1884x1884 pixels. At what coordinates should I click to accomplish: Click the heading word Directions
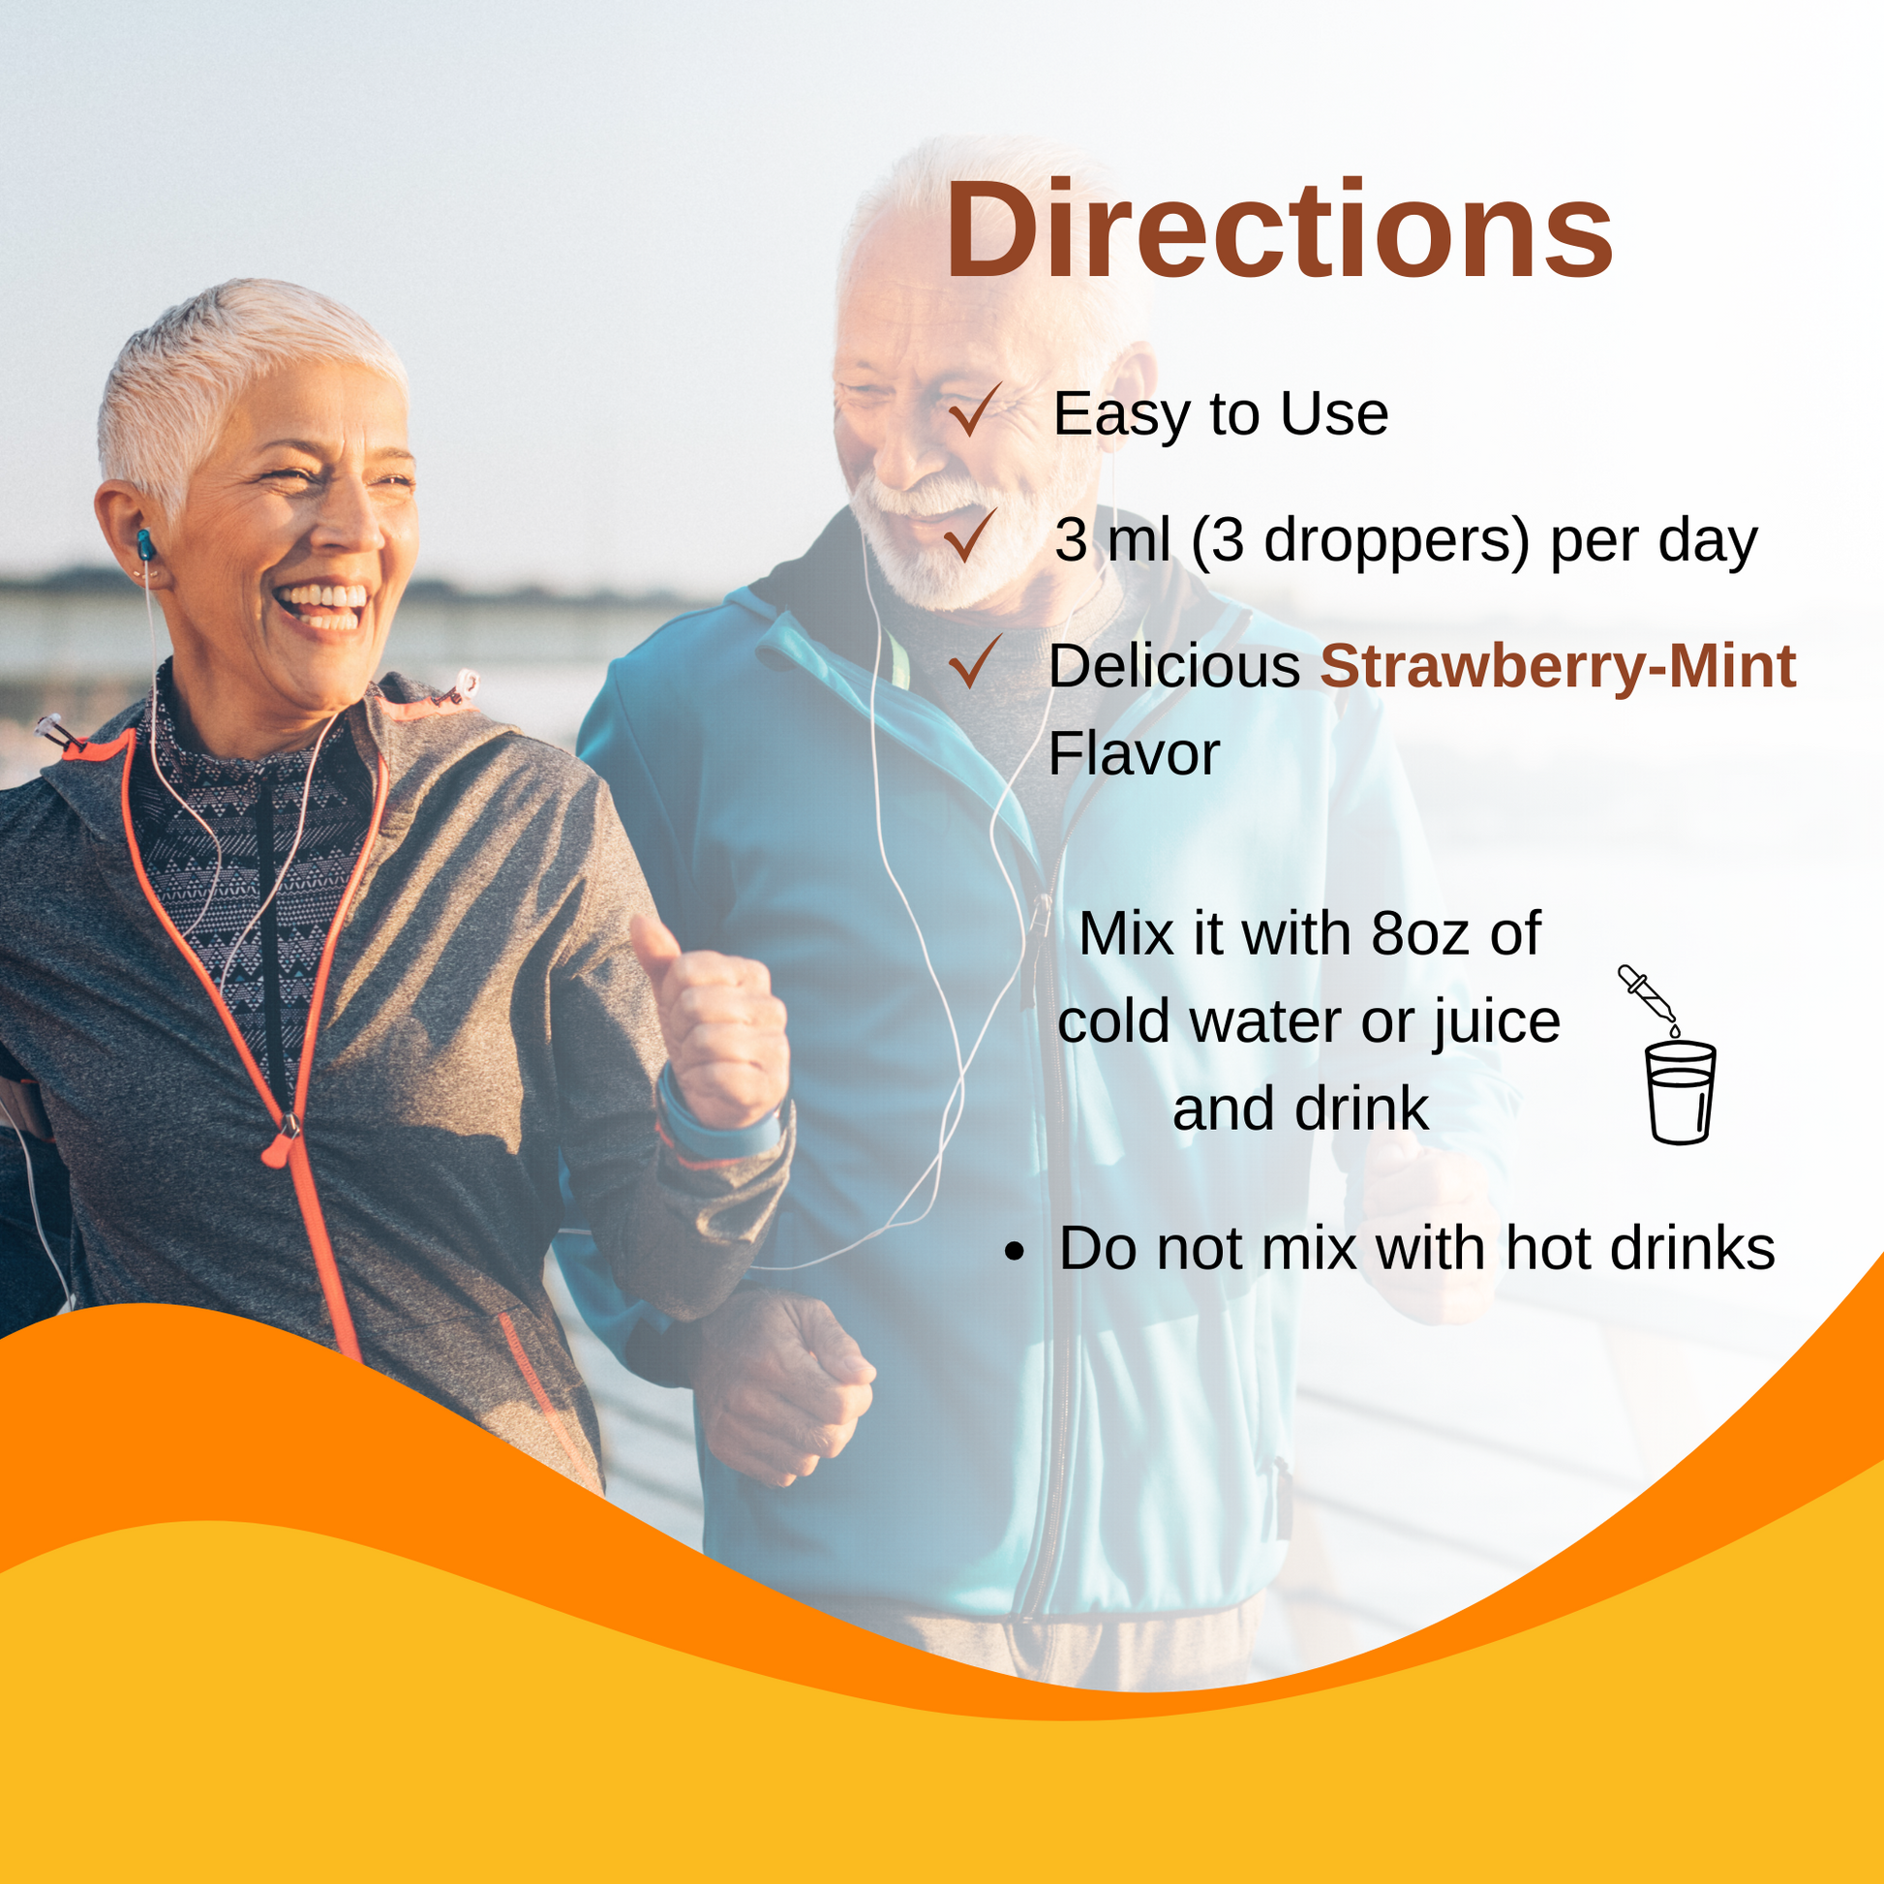pyautogui.click(x=1280, y=232)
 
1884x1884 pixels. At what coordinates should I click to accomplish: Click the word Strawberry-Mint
pyautogui.click(x=1558, y=667)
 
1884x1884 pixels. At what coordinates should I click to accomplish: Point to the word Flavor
pyautogui.click(x=1133, y=754)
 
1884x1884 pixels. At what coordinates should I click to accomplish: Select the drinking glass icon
pyautogui.click(x=1679, y=1093)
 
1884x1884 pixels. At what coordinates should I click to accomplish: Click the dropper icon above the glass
pyautogui.click(x=1648, y=997)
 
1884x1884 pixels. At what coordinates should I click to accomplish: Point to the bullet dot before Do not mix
pyautogui.click(x=1016, y=1251)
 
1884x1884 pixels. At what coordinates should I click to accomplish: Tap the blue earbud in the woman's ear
pyautogui.click(x=146, y=544)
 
